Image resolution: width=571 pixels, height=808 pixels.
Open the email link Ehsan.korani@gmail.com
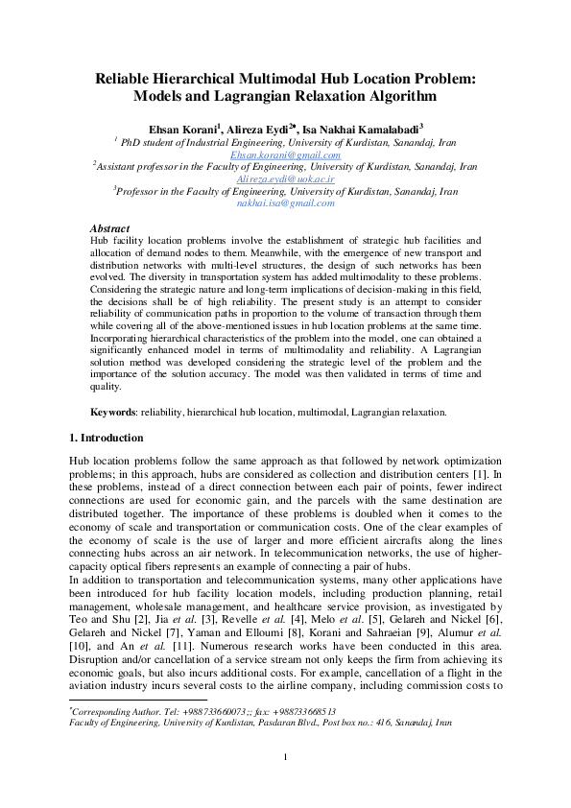point(286,154)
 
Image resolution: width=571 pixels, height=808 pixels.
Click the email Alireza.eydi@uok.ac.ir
point(285,178)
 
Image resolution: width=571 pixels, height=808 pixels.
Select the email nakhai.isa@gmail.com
point(285,203)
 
